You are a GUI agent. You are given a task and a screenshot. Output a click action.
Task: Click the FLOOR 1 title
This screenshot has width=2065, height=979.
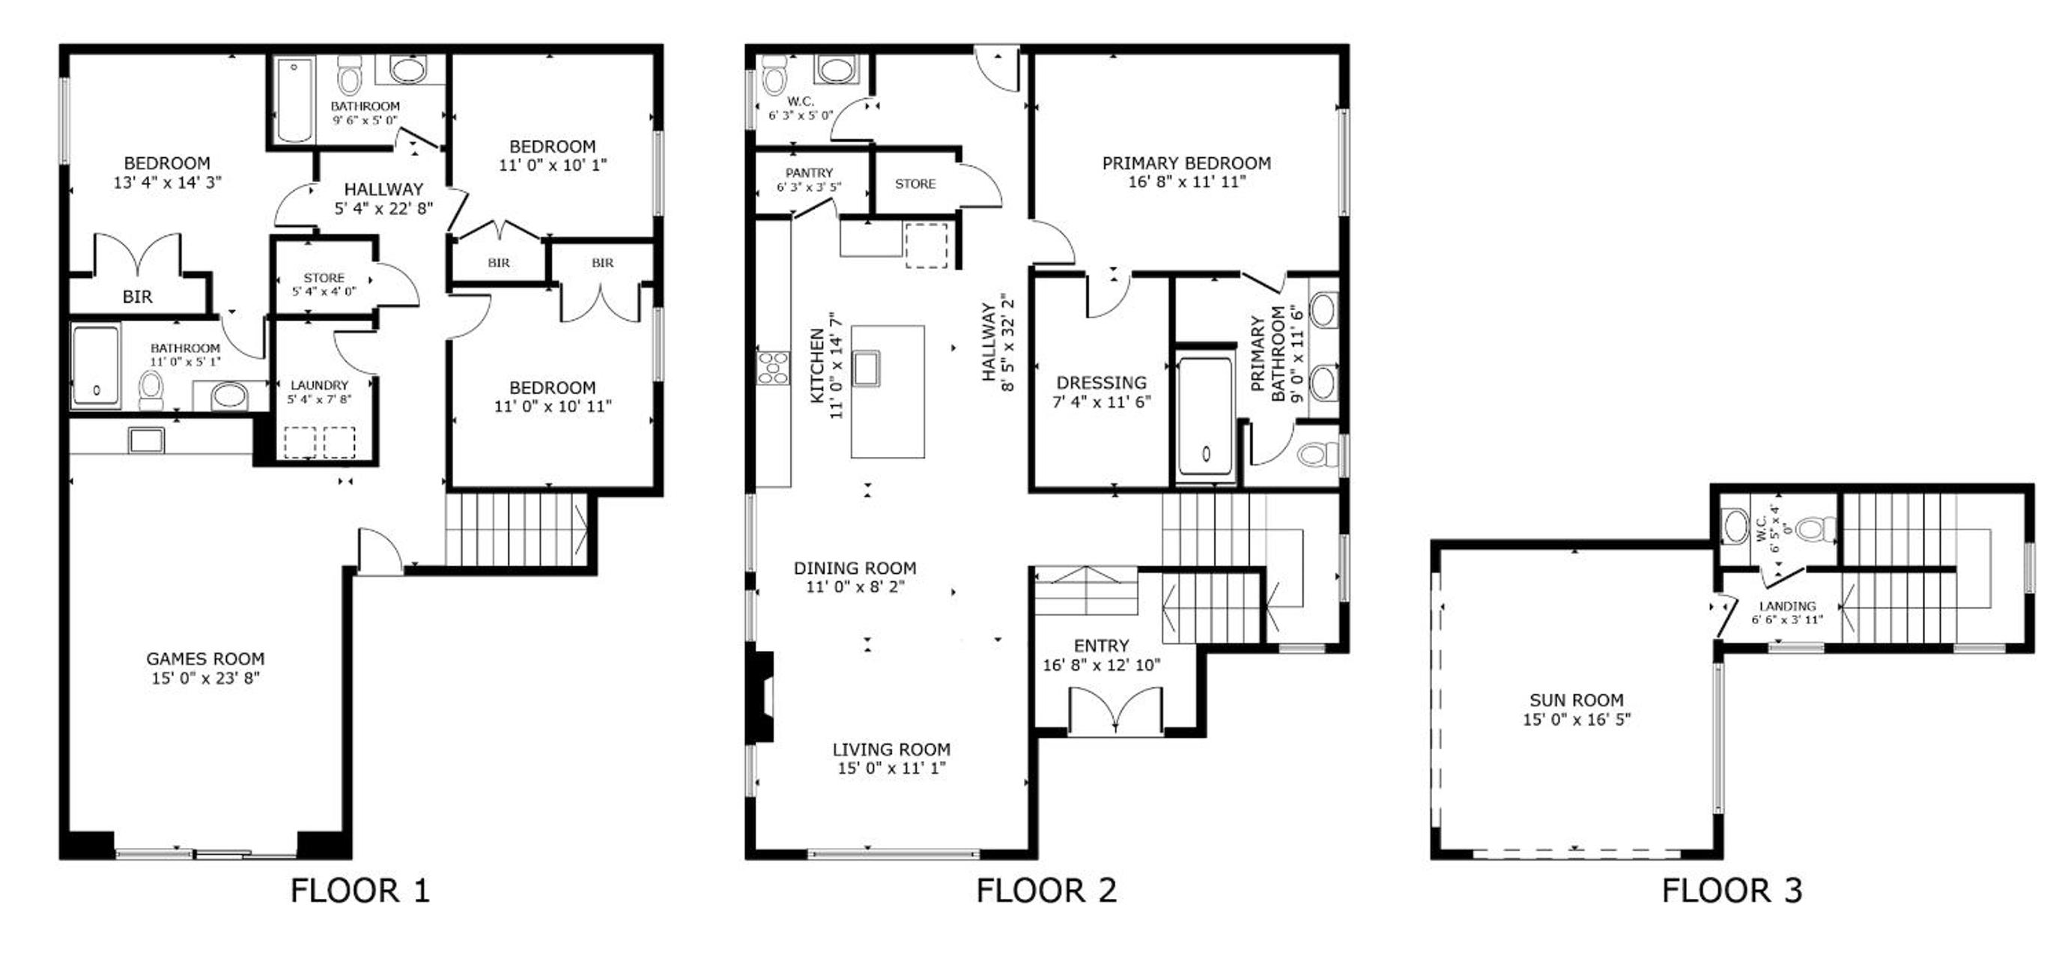coord(360,891)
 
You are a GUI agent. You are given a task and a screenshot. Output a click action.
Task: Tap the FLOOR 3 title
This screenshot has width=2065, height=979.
coord(1732,891)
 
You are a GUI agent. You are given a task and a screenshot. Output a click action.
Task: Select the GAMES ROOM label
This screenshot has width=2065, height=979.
coord(205,659)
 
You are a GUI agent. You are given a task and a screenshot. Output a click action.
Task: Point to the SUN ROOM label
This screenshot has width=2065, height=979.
coord(1577,700)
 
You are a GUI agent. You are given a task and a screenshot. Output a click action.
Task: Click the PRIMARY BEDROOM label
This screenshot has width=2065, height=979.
coord(1186,163)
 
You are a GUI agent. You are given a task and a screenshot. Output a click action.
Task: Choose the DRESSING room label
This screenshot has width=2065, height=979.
coord(1102,383)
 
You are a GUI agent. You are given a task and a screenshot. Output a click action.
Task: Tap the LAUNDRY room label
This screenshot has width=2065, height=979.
coord(319,386)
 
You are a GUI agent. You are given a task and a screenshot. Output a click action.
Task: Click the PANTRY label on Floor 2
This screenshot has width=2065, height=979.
coord(809,173)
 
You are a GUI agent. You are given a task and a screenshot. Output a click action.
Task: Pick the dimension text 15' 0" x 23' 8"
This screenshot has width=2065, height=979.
coord(205,679)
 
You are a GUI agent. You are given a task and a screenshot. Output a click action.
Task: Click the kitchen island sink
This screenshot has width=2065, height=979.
coord(867,368)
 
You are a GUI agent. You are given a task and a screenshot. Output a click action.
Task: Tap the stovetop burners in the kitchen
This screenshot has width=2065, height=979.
coord(774,367)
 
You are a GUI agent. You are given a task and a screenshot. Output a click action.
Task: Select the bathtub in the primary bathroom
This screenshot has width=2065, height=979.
coord(1205,418)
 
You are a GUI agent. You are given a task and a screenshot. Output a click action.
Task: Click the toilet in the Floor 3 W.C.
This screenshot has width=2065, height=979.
coord(1816,529)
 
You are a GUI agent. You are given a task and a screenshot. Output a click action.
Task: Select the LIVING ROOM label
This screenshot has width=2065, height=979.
coord(891,750)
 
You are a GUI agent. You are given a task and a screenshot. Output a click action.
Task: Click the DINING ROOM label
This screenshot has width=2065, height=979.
coord(855,569)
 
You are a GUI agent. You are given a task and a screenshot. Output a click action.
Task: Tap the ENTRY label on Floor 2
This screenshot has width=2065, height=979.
coord(1102,646)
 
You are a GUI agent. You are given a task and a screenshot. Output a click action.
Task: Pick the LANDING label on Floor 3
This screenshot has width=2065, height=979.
coord(1788,606)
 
